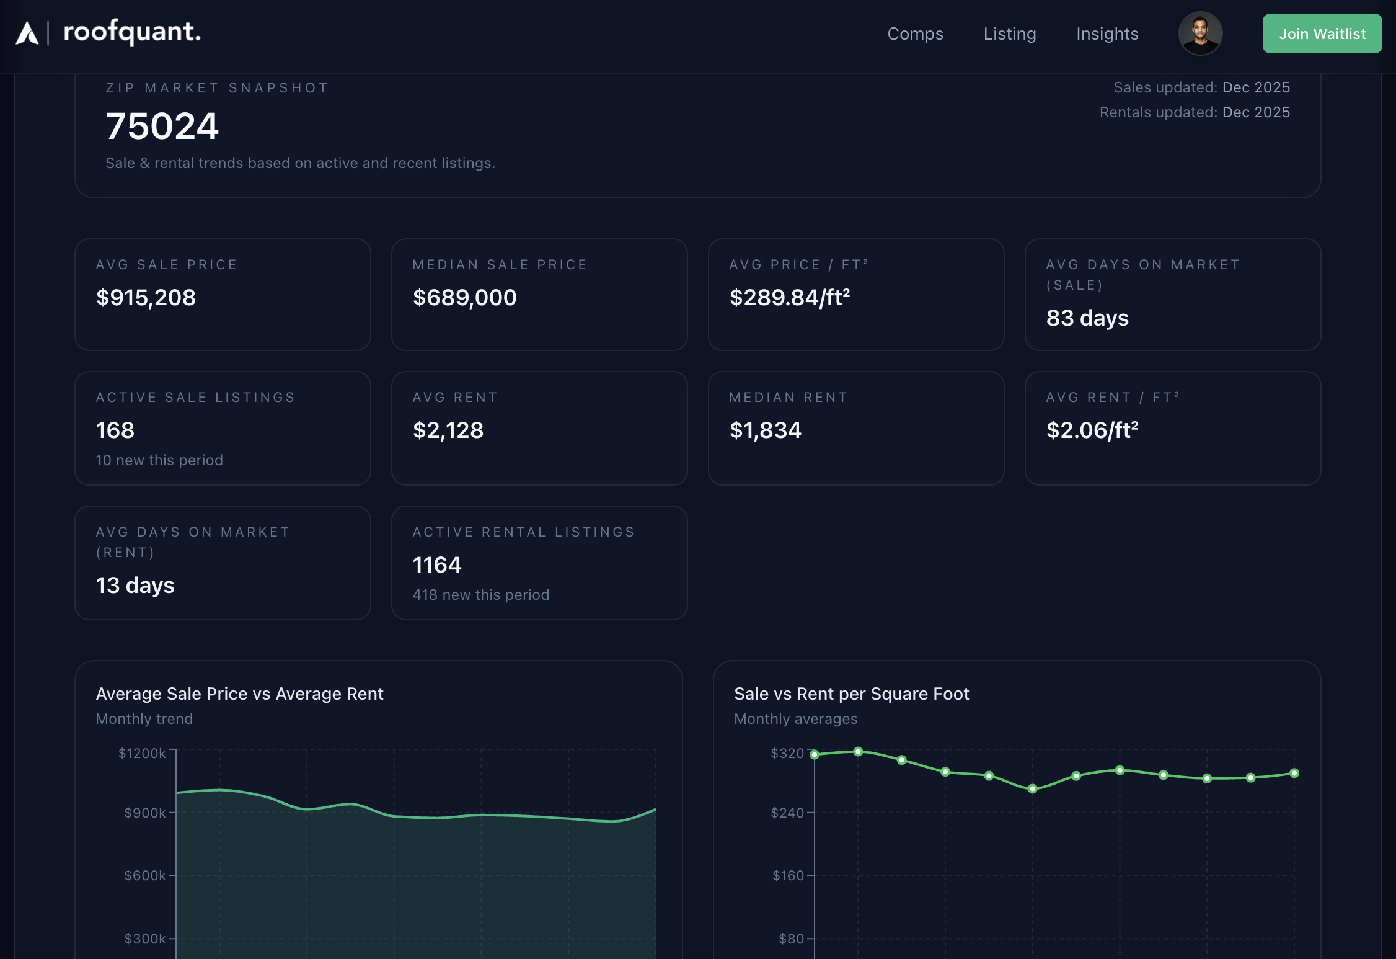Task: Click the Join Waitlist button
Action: (1322, 33)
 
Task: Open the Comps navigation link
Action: (915, 33)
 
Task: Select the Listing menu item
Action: (1009, 33)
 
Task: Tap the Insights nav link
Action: (1107, 33)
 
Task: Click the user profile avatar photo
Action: (1200, 33)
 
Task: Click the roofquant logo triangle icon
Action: (27, 33)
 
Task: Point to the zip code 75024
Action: (162, 126)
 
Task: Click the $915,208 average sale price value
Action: (146, 298)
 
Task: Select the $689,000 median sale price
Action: (464, 298)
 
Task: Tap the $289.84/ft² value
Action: (789, 298)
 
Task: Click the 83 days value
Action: (1087, 318)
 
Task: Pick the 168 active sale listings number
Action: (115, 430)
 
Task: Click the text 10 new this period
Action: (159, 460)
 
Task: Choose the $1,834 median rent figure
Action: (765, 430)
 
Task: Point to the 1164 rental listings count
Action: (437, 565)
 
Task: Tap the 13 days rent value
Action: (135, 586)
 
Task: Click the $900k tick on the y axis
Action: (145, 813)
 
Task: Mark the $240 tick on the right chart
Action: (787, 813)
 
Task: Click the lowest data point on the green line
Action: (1032, 789)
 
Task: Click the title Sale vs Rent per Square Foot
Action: (851, 694)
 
